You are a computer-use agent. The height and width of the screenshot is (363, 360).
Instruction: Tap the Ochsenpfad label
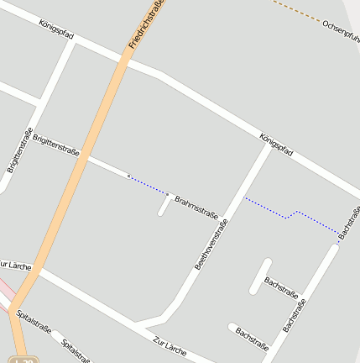tap(341, 31)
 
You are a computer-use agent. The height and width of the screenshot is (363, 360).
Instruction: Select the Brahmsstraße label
tap(196, 208)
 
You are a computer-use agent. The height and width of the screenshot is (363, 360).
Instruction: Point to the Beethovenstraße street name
tap(211, 243)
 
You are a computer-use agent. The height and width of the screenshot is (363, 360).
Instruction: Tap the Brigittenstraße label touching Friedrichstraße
tap(56, 145)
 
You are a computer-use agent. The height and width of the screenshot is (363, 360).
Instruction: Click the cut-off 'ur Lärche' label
tap(16, 266)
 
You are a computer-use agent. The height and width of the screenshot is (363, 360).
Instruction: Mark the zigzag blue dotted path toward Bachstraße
tap(290, 215)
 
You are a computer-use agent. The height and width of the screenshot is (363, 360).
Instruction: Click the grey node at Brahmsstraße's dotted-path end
tap(168, 195)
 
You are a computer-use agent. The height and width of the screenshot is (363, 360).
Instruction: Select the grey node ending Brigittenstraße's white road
tap(128, 176)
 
